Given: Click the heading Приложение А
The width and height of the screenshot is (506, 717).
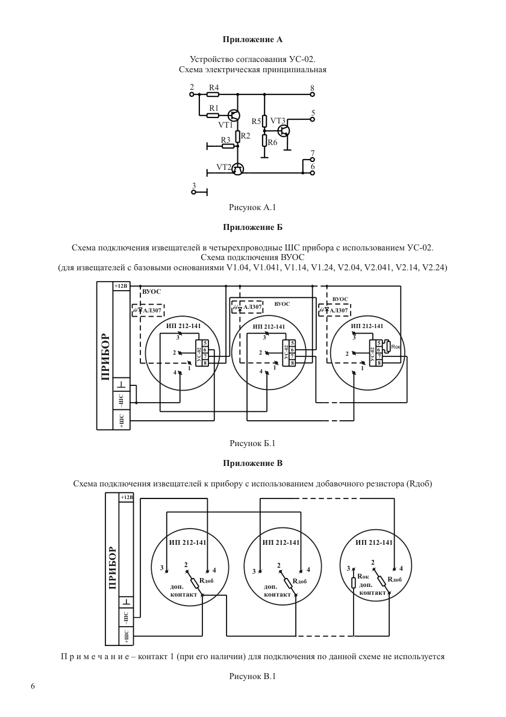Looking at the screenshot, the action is point(252,39).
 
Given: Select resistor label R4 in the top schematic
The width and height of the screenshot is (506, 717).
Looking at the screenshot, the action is point(214,87).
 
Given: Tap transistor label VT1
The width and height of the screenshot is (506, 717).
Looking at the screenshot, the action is point(225,125).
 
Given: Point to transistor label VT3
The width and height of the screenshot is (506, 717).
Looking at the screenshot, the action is point(278,121).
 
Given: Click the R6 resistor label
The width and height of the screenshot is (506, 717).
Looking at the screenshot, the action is point(273,142).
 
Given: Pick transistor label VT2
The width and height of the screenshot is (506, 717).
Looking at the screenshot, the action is point(223,167).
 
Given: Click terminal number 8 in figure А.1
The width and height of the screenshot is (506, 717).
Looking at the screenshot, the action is point(313,88).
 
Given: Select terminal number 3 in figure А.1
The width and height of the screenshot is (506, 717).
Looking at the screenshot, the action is point(193,185).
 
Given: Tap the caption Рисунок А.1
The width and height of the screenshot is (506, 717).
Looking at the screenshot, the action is point(252,207).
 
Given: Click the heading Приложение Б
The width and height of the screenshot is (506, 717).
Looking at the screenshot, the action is point(252,228).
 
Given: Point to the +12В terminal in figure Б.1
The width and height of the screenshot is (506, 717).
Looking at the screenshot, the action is point(121,286).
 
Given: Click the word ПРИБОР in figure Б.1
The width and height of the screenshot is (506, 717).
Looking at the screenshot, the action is point(105,357).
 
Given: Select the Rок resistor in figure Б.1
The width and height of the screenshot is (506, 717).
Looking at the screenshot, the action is point(388,347).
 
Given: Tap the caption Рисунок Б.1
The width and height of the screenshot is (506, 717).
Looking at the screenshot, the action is point(252,443).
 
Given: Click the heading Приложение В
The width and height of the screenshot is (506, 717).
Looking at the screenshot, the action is point(252,463).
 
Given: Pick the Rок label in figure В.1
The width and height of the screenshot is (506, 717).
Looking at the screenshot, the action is point(363,577).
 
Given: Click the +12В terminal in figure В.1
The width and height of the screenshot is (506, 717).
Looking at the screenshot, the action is point(126,497).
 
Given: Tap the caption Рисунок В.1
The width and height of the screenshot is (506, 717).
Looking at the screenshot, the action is point(252,676).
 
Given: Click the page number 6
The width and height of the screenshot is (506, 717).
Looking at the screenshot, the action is point(33,686).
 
